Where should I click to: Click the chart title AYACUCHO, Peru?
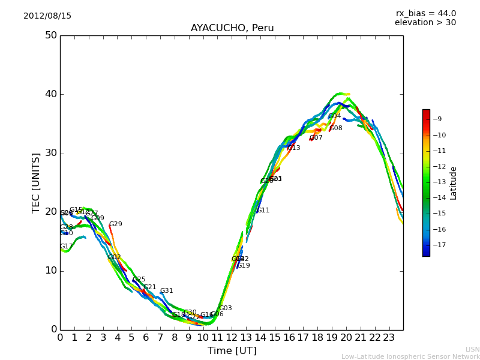point(232,28)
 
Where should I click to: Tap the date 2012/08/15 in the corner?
point(47,16)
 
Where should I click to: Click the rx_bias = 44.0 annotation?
point(425,14)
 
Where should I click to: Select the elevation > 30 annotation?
point(425,23)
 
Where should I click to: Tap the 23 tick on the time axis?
point(389,338)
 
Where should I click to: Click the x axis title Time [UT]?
point(232,351)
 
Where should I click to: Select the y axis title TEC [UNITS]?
point(37,182)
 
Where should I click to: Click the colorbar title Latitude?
point(454,183)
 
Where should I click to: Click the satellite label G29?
point(115,224)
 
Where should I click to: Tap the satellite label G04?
point(334,116)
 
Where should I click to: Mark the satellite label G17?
point(66,247)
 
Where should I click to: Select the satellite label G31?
point(166,291)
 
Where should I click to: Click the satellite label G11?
point(263,211)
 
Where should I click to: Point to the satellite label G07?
point(316,138)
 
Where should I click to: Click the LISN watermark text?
point(473,349)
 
